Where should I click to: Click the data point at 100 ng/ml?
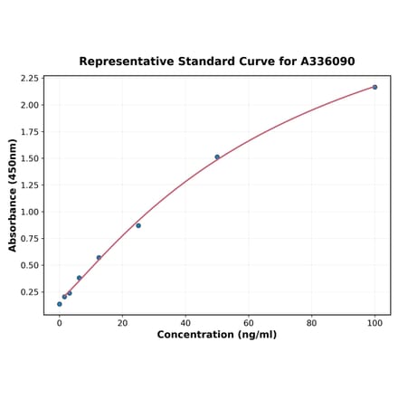374,87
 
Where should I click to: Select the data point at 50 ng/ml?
217,157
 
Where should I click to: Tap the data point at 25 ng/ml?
138,225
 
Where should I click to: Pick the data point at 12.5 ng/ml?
99,258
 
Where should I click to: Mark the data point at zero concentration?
60,304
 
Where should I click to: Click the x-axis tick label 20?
122,322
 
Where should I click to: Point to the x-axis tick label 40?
185,322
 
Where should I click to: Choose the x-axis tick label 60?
249,322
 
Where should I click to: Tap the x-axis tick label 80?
311,322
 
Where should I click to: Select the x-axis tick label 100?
374,322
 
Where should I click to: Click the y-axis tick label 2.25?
30,79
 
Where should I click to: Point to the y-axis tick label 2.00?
30,105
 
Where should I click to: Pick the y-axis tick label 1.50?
30,158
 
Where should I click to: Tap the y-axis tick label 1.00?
30,212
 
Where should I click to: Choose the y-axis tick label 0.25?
30,292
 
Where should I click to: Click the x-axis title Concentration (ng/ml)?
217,335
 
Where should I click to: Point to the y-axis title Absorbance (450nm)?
13,195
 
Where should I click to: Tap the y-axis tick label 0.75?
30,239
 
